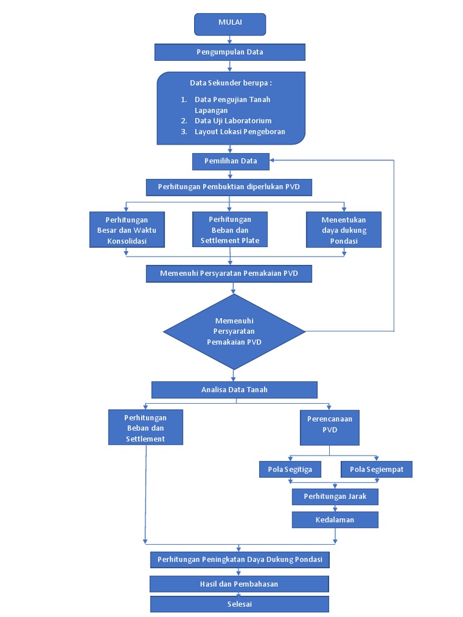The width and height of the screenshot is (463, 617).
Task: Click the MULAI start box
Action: pyautogui.click(x=230, y=23)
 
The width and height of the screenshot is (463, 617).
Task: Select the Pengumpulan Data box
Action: pyautogui.click(x=230, y=52)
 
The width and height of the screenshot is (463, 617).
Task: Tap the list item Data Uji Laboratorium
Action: pyautogui.click(x=233, y=121)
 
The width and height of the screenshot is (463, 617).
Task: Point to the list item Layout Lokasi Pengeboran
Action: pyautogui.click(x=239, y=131)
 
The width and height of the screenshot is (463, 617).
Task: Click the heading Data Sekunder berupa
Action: pyautogui.click(x=231, y=83)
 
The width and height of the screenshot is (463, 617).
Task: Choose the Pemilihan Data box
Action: pyautogui.click(x=231, y=161)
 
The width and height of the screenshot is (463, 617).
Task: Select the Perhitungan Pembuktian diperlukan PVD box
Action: pyautogui.click(x=229, y=187)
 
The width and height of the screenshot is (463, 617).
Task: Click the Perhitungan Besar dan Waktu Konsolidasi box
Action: pyautogui.click(x=127, y=230)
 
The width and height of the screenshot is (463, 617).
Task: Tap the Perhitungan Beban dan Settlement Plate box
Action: pyautogui.click(x=230, y=230)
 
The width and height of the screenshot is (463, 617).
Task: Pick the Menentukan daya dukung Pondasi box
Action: pyautogui.click(x=344, y=230)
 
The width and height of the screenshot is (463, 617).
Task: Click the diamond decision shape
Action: pyautogui.click(x=234, y=331)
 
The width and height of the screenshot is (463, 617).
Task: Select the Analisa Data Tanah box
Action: pyautogui.click(x=234, y=389)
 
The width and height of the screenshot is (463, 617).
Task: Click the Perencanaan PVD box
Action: pyautogui.click(x=329, y=427)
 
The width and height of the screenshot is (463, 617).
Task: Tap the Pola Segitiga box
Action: pyautogui.click(x=290, y=469)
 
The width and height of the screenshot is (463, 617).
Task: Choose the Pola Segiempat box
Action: pyautogui.click(x=377, y=469)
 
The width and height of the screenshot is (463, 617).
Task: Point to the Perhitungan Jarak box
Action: pyautogui.click(x=335, y=496)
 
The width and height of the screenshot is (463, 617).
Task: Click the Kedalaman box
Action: pyautogui.click(x=335, y=519)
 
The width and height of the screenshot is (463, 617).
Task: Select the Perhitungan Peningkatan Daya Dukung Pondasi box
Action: pyautogui.click(x=239, y=560)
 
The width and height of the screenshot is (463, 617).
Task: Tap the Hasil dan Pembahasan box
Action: pyautogui.click(x=239, y=584)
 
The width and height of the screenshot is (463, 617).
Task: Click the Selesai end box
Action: pyautogui.click(x=239, y=604)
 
